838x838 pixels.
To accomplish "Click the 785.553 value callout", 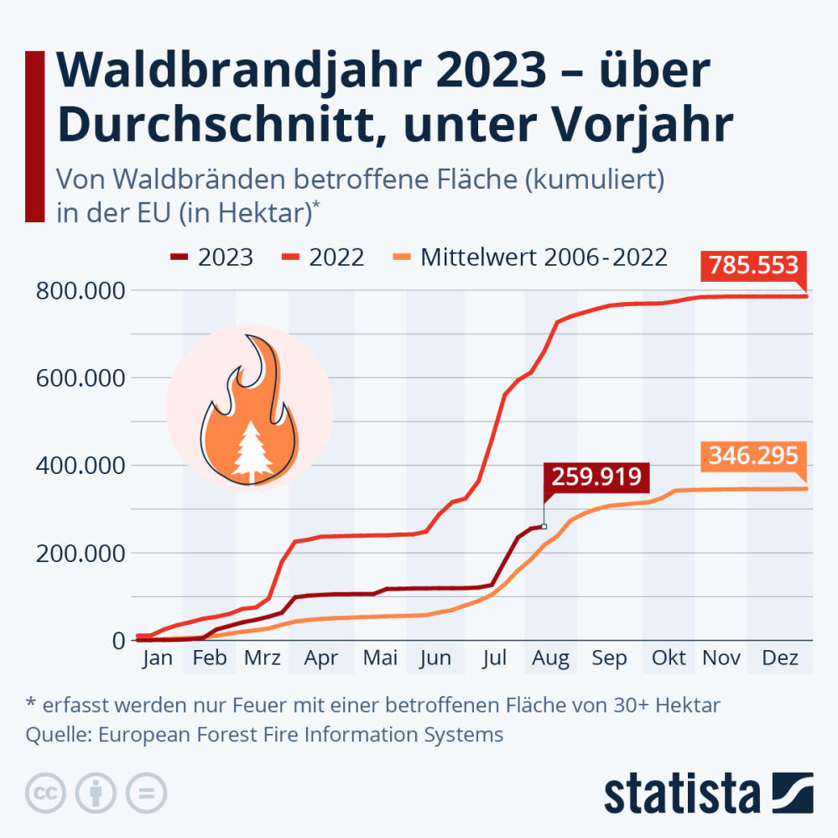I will (x=753, y=266).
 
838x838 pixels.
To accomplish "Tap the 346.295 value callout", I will (x=753, y=456).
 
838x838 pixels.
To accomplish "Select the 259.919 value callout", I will (x=596, y=478).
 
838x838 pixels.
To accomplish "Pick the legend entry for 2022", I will (x=323, y=257).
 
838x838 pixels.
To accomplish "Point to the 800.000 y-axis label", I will (x=81, y=291).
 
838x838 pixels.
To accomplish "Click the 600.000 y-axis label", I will (x=81, y=378).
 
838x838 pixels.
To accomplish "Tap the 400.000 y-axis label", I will (x=81, y=466).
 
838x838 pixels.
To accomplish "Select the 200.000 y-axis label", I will (x=81, y=553).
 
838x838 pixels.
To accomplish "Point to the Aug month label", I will (x=550, y=658).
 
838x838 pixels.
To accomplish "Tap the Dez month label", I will (x=779, y=658).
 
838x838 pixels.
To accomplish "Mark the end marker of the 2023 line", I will (x=544, y=527).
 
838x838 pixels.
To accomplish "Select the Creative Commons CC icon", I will (x=46, y=792).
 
